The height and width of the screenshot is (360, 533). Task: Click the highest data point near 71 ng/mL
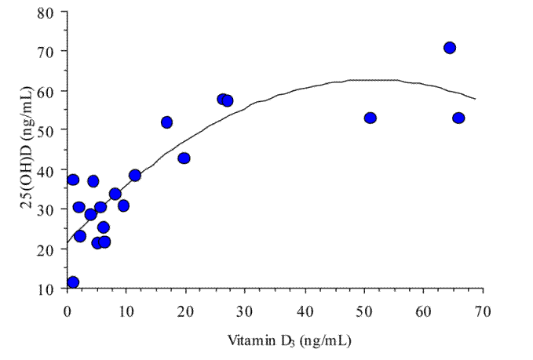point(450,48)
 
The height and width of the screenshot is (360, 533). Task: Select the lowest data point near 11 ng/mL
point(73,282)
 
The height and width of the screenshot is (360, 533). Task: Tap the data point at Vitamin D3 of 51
point(371,118)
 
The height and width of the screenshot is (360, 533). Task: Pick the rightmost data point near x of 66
point(458,118)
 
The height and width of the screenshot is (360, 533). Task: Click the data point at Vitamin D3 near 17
point(166,122)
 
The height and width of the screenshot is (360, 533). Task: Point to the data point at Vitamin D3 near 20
point(184,158)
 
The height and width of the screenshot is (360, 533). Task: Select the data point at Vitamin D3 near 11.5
point(135,176)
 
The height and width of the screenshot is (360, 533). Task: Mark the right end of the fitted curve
point(476,99)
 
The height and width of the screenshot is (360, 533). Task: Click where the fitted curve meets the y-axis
point(68,243)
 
